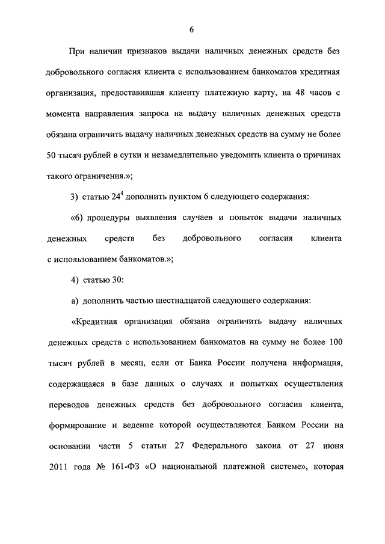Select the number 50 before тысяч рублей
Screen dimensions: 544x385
tap(52, 154)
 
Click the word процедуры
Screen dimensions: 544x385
tap(111, 217)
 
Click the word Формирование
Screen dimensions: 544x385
tap(76, 424)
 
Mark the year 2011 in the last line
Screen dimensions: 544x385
tap(58, 466)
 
